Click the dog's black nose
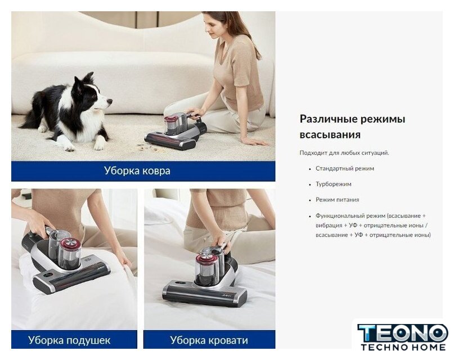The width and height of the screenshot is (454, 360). [x=110, y=101]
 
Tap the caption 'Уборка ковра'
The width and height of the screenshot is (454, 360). [x=137, y=171]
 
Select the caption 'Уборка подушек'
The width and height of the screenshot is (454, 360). [x=69, y=340]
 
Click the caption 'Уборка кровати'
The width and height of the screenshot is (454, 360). [x=209, y=340]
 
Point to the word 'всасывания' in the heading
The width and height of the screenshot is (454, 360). [x=330, y=135]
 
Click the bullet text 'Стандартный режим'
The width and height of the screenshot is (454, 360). [x=345, y=168]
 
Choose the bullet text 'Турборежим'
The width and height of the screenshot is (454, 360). [x=333, y=184]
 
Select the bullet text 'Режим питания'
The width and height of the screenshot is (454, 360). [x=338, y=200]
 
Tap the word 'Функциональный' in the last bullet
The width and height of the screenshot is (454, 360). [x=340, y=216]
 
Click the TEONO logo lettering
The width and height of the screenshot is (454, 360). [x=403, y=334]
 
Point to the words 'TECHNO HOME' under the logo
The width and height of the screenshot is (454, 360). [x=403, y=347]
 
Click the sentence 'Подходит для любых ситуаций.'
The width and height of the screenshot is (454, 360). [x=344, y=153]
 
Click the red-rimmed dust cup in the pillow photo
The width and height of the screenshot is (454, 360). [x=70, y=253]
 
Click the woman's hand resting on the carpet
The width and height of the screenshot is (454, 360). [x=255, y=141]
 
